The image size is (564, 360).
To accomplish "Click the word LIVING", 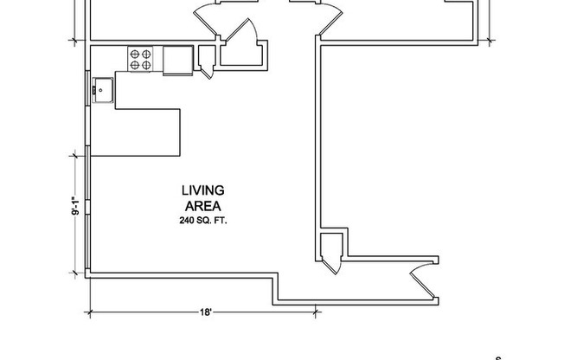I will point(203,190).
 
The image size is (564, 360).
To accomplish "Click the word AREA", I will point(203,206).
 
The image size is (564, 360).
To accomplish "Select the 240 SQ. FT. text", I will point(203,221).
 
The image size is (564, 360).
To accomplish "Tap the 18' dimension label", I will point(204,312).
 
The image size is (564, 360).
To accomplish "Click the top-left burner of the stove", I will point(135,55).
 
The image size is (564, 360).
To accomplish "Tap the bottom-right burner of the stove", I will point(148,65).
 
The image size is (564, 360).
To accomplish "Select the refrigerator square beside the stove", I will point(178,59).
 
